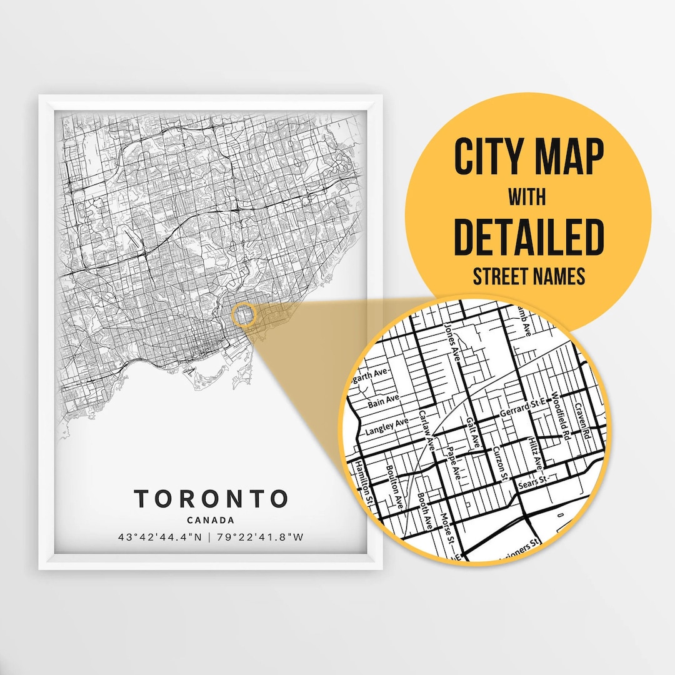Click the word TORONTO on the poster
(211, 499)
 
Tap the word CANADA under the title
(211, 520)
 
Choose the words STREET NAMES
(529, 276)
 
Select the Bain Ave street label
(382, 399)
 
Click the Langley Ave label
(387, 427)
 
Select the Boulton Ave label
(396, 487)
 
